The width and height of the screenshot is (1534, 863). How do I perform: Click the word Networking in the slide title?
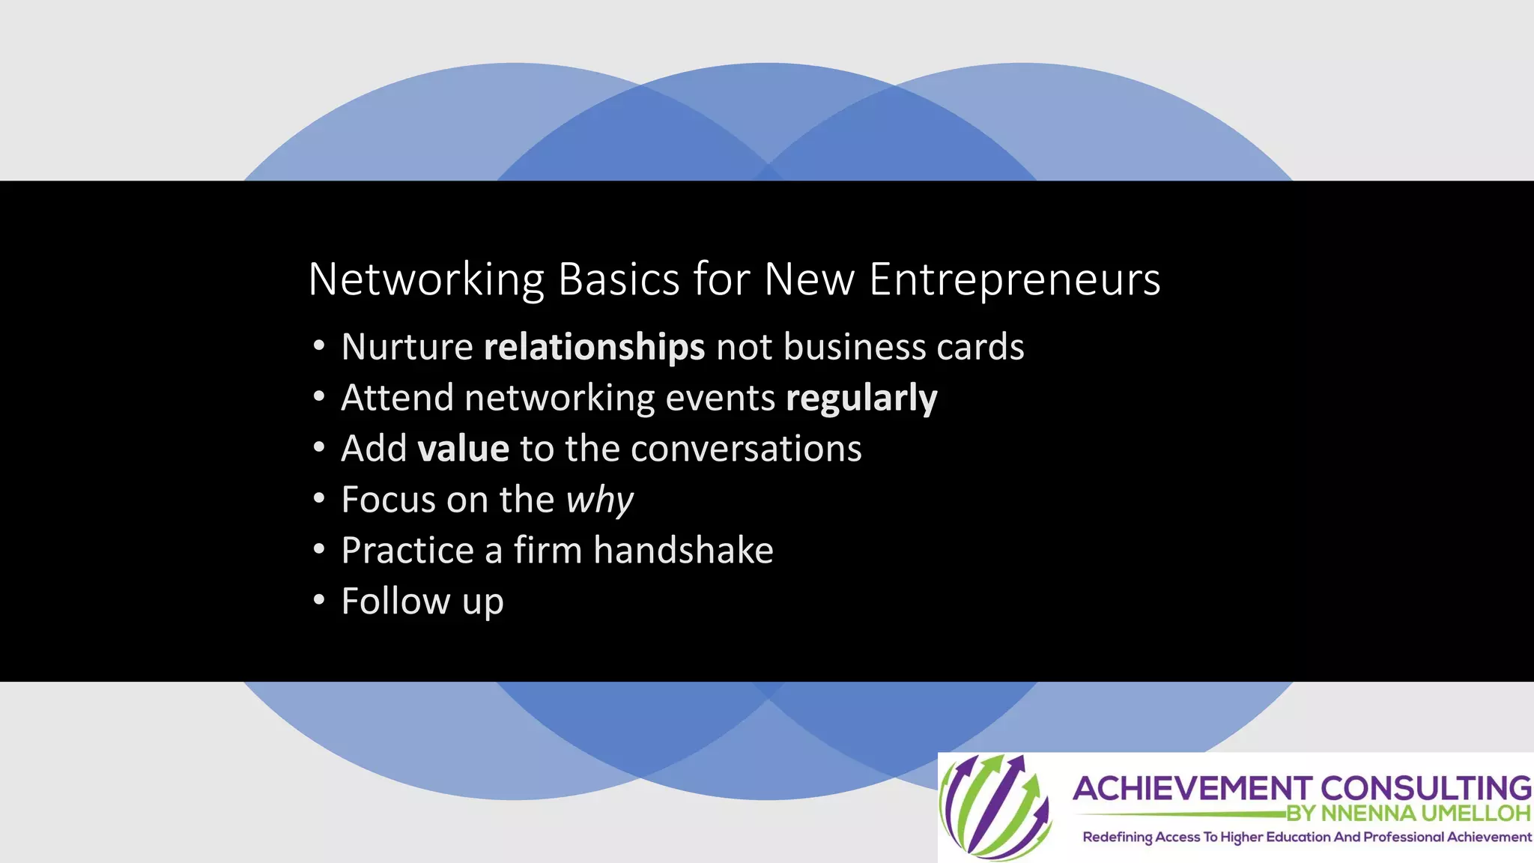(425, 280)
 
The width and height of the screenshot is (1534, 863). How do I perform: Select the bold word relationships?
(594, 347)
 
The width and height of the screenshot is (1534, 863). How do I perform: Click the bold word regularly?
(861, 398)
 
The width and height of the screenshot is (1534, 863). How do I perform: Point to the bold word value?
(463, 449)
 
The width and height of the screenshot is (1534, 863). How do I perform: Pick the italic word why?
(599, 500)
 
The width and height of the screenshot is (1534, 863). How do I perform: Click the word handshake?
(683, 551)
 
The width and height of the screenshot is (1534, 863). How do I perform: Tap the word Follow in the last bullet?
(395, 602)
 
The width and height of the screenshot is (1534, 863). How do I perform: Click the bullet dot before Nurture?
(319, 347)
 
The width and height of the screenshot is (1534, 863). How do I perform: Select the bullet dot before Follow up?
(319, 601)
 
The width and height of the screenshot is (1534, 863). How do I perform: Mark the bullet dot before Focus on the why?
(319, 499)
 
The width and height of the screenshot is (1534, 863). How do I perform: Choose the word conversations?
(746, 449)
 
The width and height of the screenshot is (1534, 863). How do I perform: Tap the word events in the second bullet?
(720, 398)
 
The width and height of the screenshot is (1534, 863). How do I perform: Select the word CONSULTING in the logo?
(1425, 789)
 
